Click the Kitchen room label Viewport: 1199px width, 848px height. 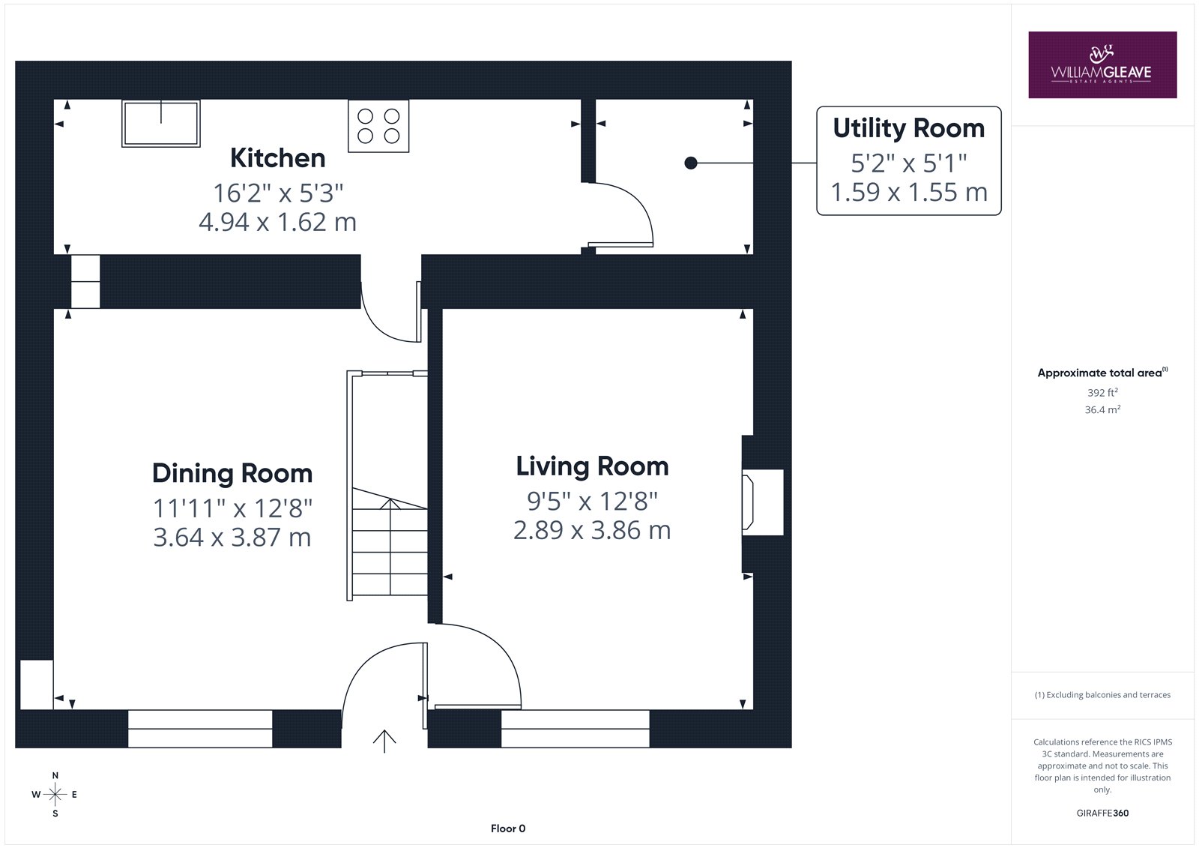pyautogui.click(x=278, y=158)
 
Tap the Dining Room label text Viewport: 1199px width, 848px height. pyautogui.click(x=232, y=474)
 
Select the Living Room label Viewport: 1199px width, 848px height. pyautogui.click(x=592, y=466)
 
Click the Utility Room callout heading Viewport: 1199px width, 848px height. pyautogui.click(x=908, y=128)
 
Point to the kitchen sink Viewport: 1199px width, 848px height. pyautogui.click(x=161, y=123)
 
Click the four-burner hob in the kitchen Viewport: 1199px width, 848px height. pyautogui.click(x=378, y=126)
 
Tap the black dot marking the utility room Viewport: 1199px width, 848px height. pyautogui.click(x=691, y=163)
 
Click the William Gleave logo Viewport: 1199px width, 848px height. pyautogui.click(x=1102, y=64)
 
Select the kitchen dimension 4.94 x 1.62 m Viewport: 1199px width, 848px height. pyautogui.click(x=278, y=223)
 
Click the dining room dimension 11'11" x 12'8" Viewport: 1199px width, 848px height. pyautogui.click(x=232, y=508)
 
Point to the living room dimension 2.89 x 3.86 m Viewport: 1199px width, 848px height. pyautogui.click(x=592, y=530)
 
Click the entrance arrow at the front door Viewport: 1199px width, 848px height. pyautogui.click(x=384, y=742)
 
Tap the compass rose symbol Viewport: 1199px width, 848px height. pyautogui.click(x=55, y=794)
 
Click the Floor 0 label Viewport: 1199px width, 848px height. pyautogui.click(x=508, y=829)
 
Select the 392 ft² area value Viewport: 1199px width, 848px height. pyautogui.click(x=1102, y=393)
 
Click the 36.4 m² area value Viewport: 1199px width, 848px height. pyautogui.click(x=1102, y=410)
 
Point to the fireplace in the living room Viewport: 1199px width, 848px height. pyautogui.click(x=763, y=502)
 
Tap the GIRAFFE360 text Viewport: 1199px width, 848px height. pyautogui.click(x=1102, y=813)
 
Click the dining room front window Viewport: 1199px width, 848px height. pyautogui.click(x=200, y=729)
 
